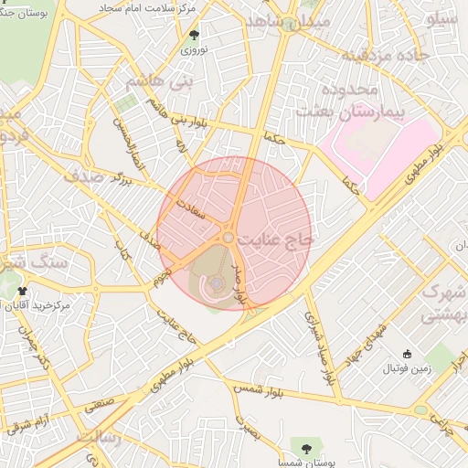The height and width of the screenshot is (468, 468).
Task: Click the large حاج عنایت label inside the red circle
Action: point(275,239)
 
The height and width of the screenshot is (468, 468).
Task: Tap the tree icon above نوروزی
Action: point(194,35)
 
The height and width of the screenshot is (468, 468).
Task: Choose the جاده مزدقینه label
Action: point(385,56)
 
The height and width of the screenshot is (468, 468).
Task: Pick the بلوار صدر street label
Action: point(239,282)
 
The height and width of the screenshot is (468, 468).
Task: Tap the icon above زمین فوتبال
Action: point(407,355)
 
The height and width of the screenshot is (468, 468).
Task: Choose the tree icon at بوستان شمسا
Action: point(303,447)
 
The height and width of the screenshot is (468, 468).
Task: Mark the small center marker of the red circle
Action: point(229,238)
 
